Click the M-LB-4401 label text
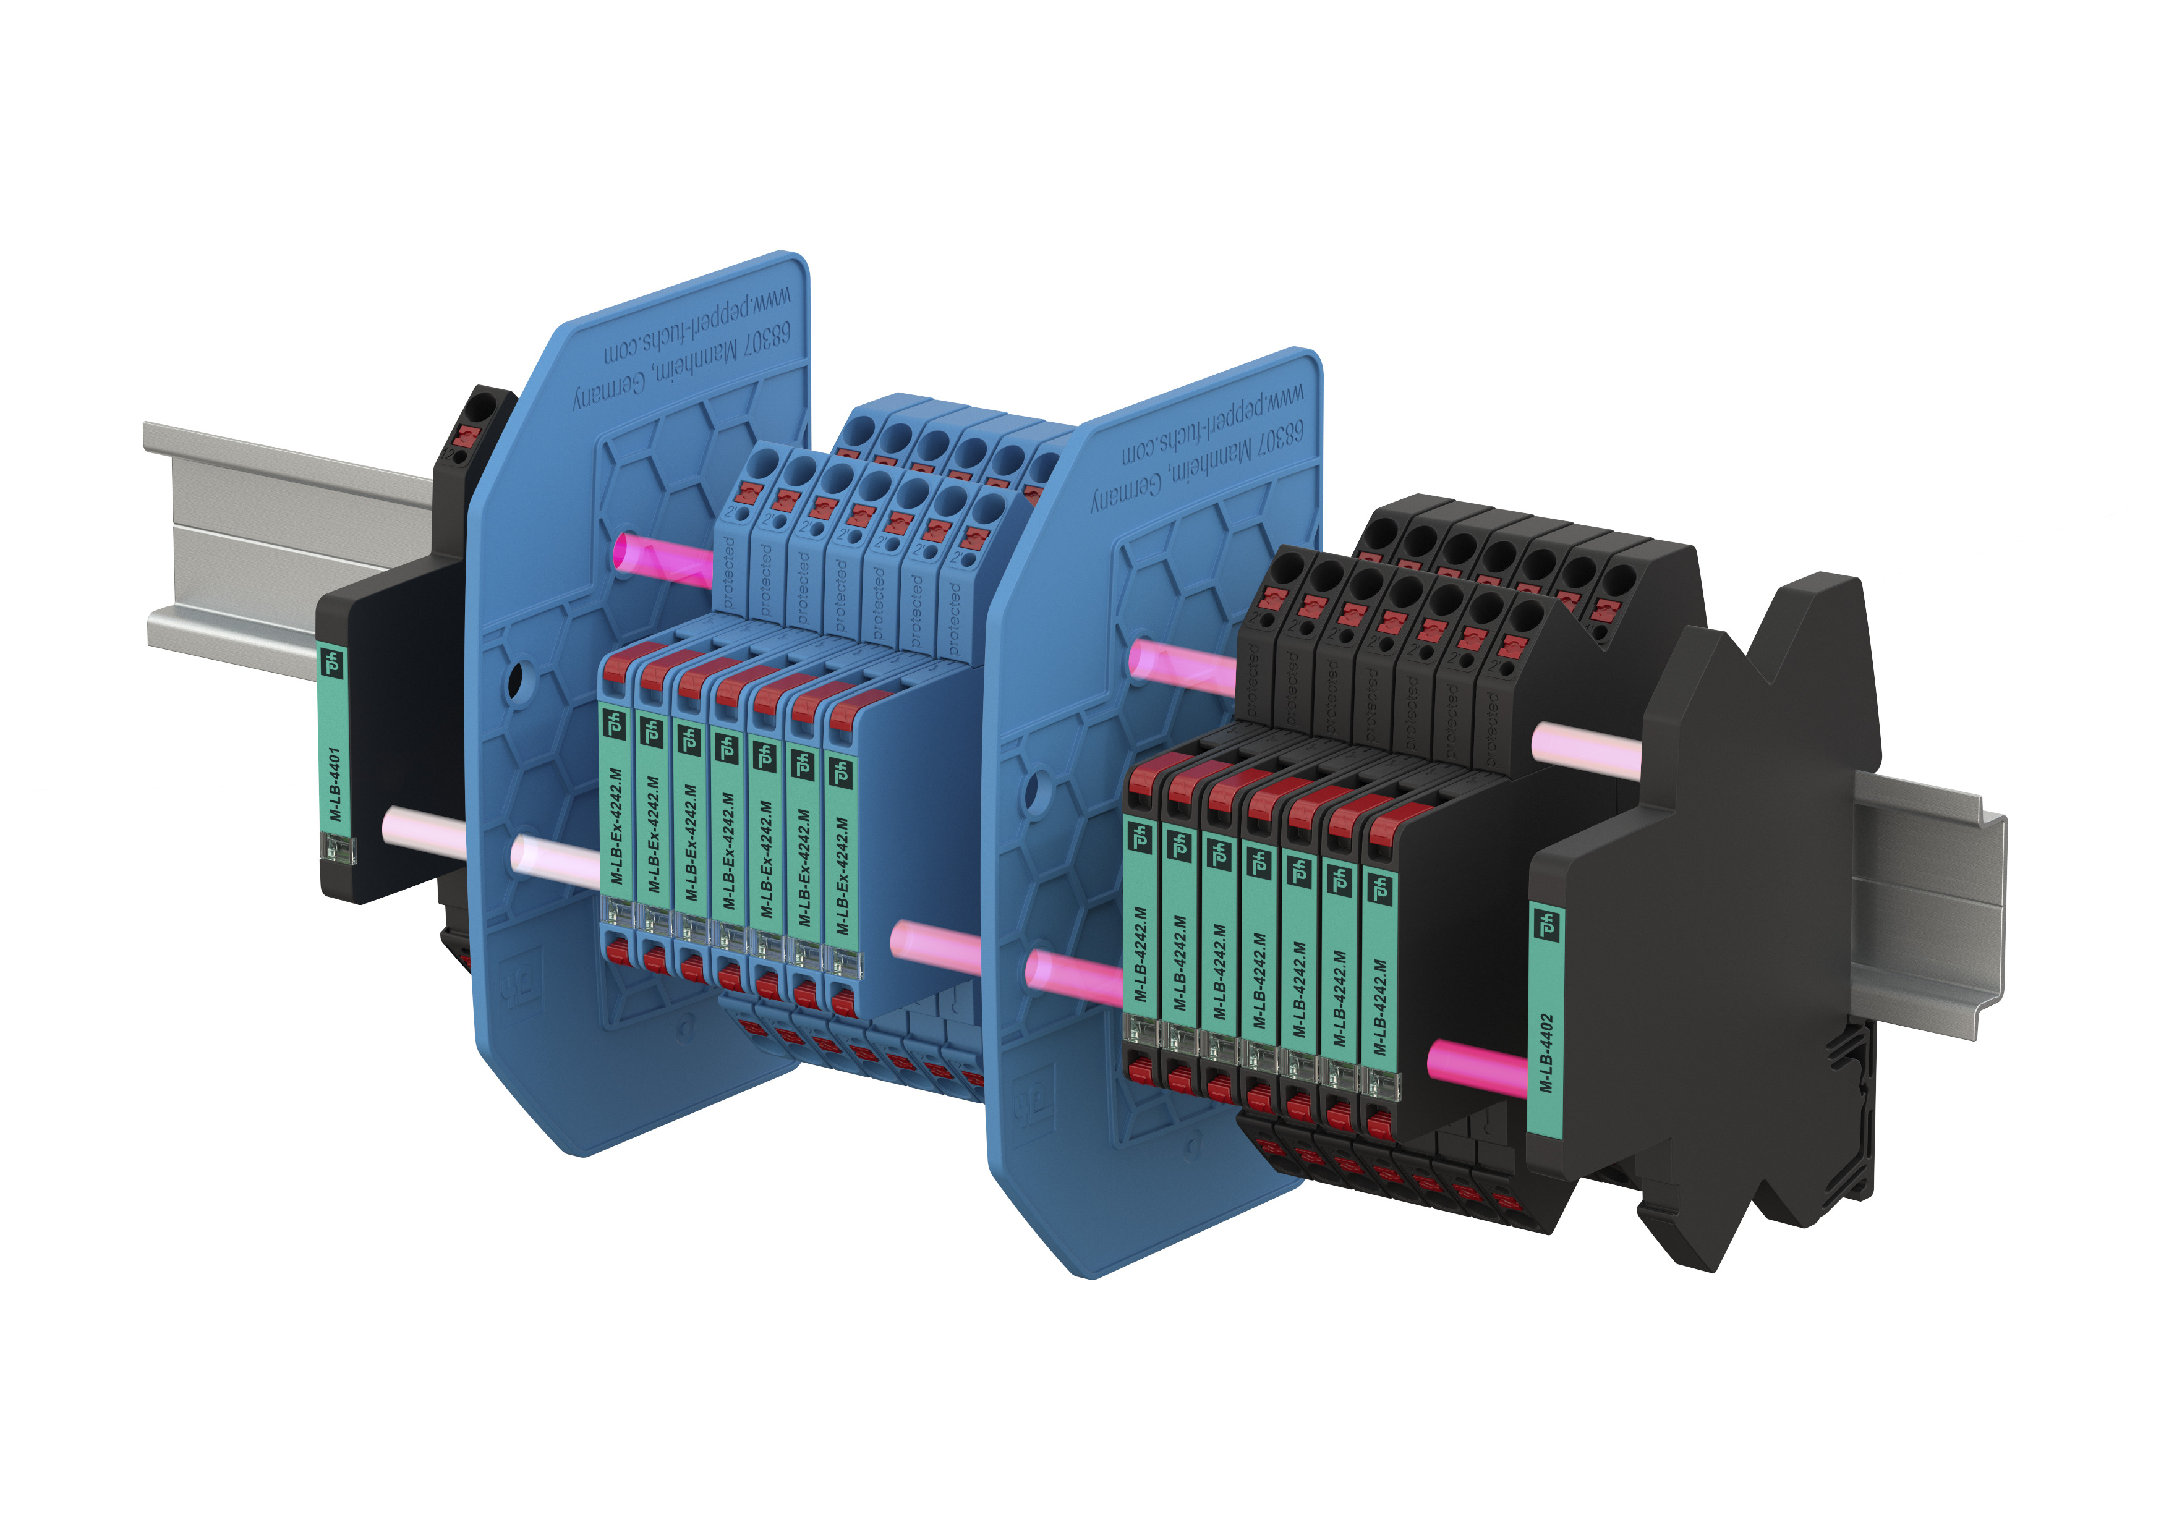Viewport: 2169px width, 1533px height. pos(335,784)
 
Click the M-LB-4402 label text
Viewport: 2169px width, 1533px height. pos(1546,1053)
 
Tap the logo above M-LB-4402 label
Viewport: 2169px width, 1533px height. pos(1546,923)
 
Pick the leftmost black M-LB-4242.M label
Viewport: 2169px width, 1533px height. pos(1140,954)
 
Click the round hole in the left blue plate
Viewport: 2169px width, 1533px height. pos(515,678)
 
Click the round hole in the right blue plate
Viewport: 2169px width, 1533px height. pos(1033,784)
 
